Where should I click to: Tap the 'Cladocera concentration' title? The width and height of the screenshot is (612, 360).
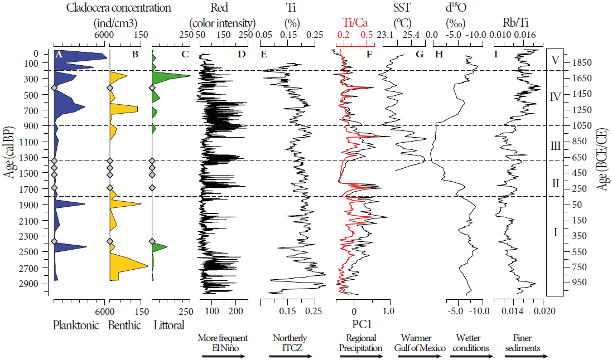click(118, 8)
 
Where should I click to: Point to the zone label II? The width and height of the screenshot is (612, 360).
click(555, 183)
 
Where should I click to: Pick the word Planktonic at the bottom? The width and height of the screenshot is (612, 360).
click(76, 325)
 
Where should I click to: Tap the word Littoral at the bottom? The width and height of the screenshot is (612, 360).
click(168, 325)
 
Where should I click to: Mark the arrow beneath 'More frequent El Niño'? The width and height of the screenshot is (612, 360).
click(223, 356)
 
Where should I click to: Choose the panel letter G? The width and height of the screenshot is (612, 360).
click(420, 54)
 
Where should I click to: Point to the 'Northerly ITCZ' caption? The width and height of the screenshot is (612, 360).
click(290, 343)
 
